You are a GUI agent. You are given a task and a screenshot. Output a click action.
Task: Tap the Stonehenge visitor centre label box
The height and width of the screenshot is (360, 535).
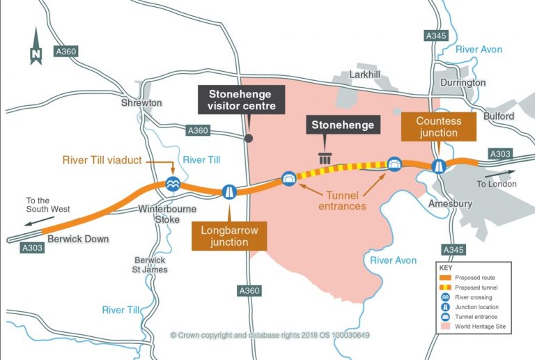click(241, 99)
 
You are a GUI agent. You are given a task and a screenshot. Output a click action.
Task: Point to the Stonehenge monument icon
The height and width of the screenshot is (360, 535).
click(324, 157)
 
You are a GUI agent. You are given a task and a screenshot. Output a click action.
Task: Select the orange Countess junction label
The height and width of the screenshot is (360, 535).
click(438, 126)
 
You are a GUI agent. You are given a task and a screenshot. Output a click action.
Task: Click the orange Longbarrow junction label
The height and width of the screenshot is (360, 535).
click(229, 235)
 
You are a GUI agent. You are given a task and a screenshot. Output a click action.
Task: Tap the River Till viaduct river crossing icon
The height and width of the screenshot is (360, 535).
click(173, 183)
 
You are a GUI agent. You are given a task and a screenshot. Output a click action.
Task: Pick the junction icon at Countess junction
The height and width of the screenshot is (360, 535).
click(439, 166)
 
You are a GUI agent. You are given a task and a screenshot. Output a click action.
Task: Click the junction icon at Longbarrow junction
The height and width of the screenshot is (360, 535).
click(228, 191)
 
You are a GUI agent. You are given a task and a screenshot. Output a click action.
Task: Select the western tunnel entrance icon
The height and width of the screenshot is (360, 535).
click(289, 179)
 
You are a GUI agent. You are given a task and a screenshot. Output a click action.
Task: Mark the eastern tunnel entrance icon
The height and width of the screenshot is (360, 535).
click(394, 164)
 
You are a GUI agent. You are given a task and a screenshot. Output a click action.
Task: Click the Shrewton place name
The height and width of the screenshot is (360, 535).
click(142, 103)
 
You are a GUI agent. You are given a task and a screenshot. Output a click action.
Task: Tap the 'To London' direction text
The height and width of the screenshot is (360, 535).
click(496, 184)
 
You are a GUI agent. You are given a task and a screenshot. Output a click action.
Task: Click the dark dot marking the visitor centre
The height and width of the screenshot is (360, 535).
click(249, 139)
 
